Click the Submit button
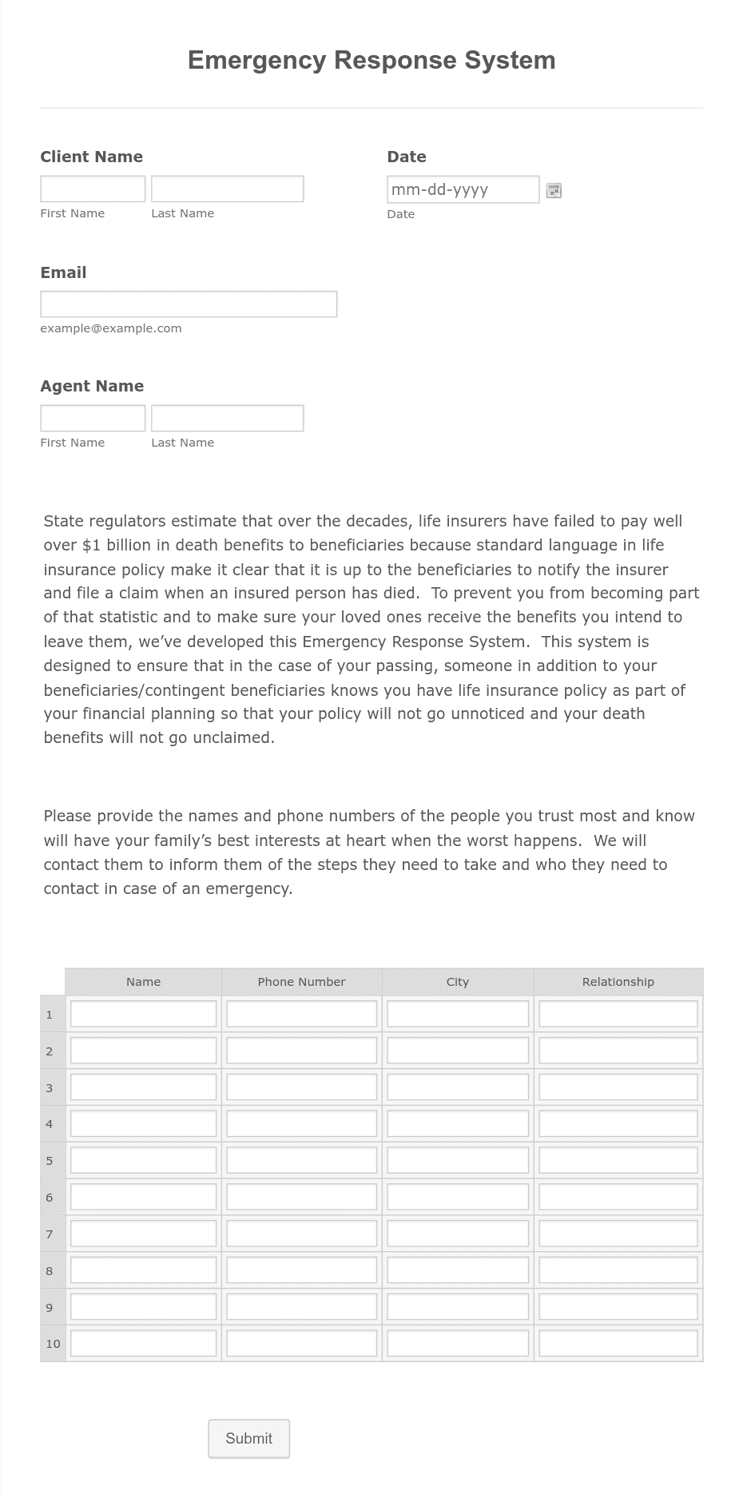[x=248, y=1438]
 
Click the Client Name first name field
[x=93, y=189]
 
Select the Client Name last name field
[x=227, y=189]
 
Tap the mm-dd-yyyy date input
[x=463, y=189]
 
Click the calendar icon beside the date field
[x=554, y=190]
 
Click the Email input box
[x=189, y=304]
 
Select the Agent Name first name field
[x=93, y=419]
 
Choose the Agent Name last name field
[x=227, y=419]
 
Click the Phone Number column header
[x=301, y=982]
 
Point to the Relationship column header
[x=618, y=982]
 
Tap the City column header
[x=457, y=982]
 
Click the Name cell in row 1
[x=143, y=1014]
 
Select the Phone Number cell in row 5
[x=301, y=1160]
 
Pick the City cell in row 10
[x=457, y=1343]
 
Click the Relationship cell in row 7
[x=618, y=1234]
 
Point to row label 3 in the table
[x=50, y=1088]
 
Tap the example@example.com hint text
[x=111, y=328]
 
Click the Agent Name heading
[x=92, y=386]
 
